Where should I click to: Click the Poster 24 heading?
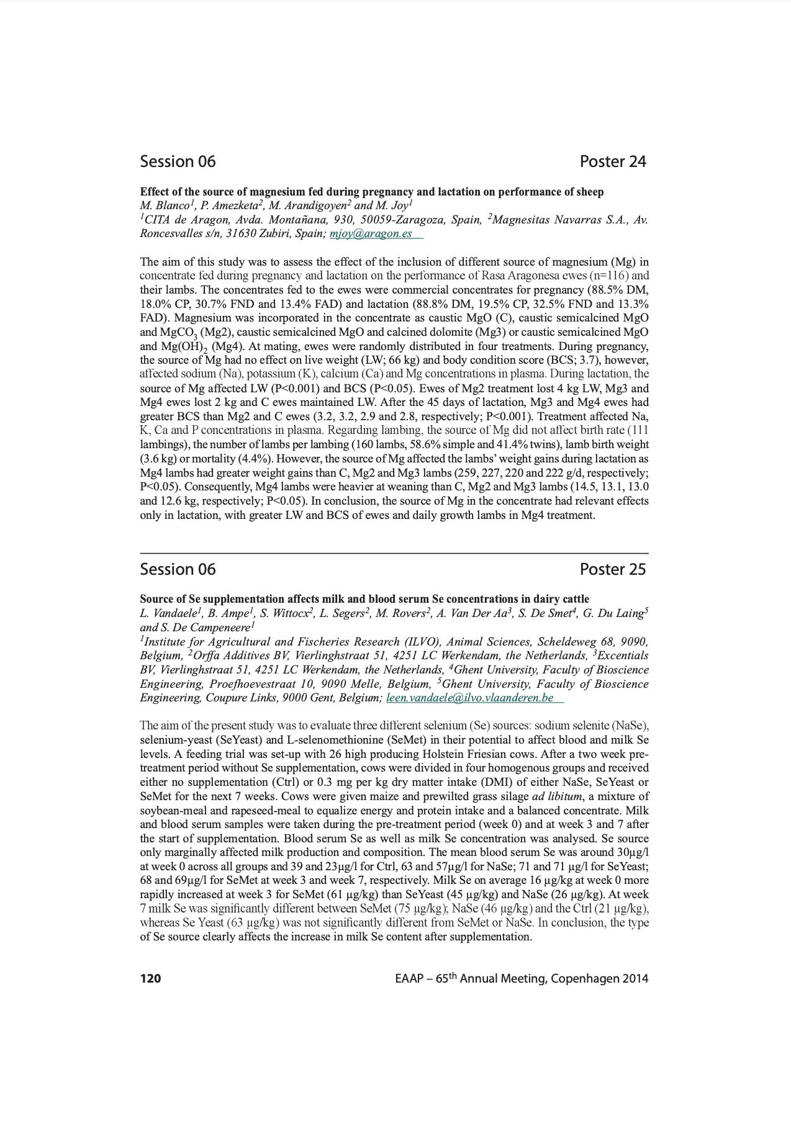pos(612,161)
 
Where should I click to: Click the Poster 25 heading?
pos(612,569)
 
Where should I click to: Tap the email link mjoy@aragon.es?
pos(371,233)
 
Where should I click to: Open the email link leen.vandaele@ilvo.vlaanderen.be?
pos(469,698)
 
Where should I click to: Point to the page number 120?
pos(150,979)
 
